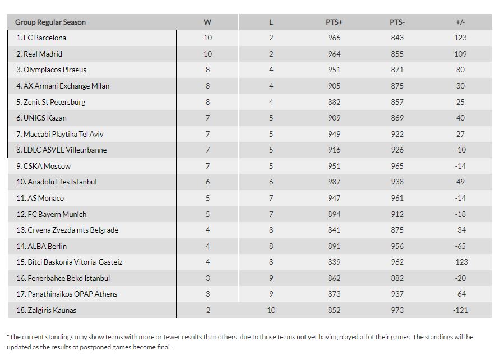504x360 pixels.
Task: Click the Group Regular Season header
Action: point(50,22)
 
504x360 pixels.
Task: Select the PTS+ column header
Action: point(334,22)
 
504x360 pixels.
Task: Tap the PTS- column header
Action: point(397,22)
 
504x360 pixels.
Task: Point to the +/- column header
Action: point(461,22)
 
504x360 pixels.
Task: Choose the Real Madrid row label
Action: point(39,54)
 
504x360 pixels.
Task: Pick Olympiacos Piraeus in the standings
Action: point(51,70)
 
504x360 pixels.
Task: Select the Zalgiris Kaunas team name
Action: point(46,310)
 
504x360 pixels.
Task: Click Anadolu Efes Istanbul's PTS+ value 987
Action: point(334,182)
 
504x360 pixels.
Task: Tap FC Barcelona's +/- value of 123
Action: point(461,38)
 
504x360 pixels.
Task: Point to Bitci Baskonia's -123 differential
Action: point(461,262)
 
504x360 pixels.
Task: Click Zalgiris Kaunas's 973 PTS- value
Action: point(397,310)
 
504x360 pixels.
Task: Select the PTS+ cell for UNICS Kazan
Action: point(334,118)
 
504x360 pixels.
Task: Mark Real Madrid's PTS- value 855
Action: point(397,54)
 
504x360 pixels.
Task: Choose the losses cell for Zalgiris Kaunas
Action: point(271,310)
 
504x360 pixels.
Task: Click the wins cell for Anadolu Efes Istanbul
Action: point(207,182)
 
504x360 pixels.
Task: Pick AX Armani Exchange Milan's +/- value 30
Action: point(461,86)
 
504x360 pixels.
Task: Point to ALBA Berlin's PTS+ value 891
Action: point(334,246)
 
